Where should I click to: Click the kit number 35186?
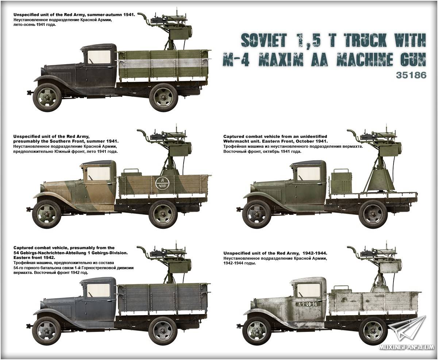(x=411, y=75)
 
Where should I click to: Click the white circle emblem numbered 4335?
(x=162, y=183)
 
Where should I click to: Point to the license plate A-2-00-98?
(x=308, y=304)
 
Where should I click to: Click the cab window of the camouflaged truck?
(x=99, y=174)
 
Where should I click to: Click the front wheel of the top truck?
(x=47, y=97)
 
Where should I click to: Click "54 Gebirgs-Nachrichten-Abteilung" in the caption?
(x=49, y=253)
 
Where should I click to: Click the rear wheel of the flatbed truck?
(x=373, y=214)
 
